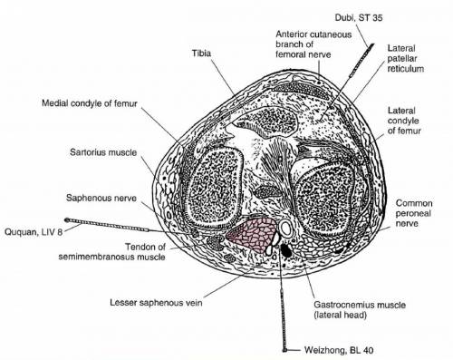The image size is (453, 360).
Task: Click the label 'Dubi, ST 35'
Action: coord(359,18)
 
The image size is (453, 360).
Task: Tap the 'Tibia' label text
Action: coord(201,54)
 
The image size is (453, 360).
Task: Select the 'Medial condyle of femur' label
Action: coord(90,103)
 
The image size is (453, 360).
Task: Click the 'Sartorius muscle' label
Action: coord(103,152)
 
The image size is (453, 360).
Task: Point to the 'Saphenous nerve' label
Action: coord(101,199)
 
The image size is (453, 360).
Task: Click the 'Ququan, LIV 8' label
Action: coord(34,232)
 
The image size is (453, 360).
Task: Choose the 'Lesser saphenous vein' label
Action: coord(156,303)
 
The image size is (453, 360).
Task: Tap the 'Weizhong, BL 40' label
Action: coord(339,350)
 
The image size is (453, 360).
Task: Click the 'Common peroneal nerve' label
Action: coord(414,213)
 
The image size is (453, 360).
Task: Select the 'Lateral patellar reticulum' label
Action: coord(406,59)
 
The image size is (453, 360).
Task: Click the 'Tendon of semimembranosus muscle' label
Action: coord(112,252)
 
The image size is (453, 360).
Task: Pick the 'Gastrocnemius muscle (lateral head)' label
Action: coord(360,310)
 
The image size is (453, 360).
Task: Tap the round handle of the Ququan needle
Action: coord(67,219)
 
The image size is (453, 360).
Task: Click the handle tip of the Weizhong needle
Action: coord(284,350)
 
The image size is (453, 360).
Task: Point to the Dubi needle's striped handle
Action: coord(361,60)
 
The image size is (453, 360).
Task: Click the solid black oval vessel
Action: coord(286,250)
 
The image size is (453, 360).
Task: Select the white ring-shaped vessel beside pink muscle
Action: coord(285,229)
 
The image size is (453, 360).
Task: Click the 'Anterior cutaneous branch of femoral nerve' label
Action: coord(313,44)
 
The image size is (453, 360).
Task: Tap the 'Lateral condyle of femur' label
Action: coord(404,121)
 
